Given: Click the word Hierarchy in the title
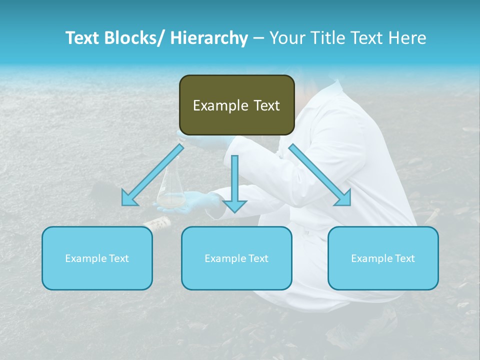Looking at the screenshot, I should coord(209,38).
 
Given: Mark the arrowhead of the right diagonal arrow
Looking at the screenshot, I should coord(344,199).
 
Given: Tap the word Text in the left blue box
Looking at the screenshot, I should coord(118,258).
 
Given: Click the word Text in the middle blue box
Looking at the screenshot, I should coord(257,258).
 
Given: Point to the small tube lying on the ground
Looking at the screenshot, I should coord(157,222).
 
